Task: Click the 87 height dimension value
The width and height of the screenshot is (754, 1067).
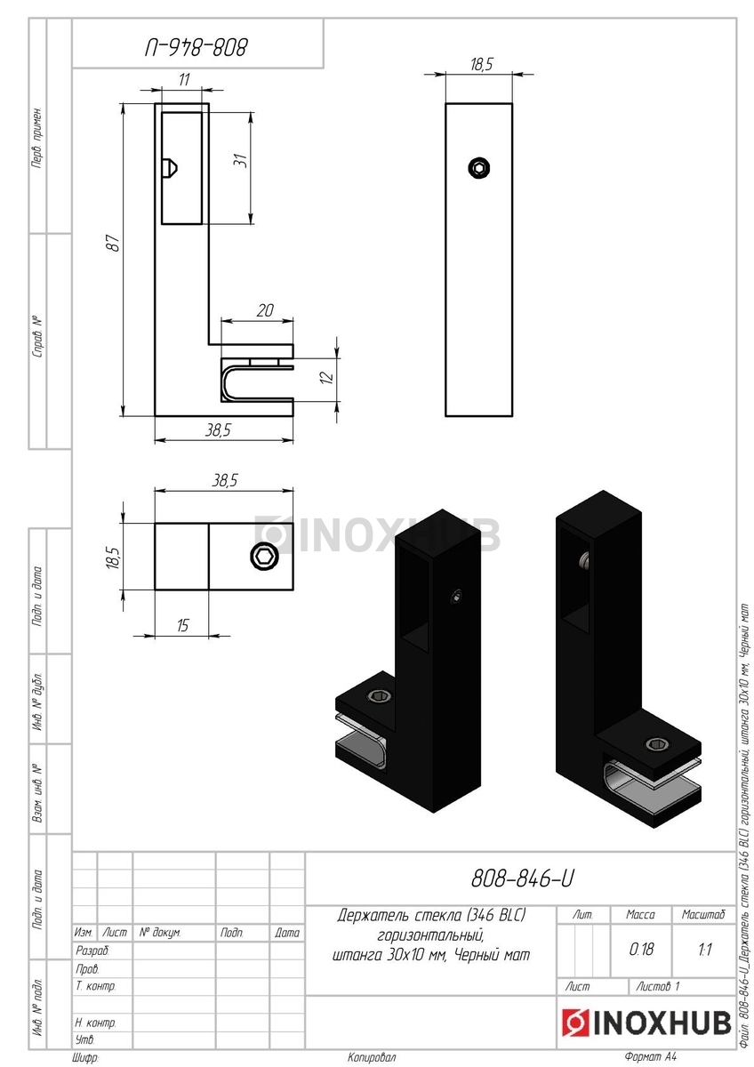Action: [x=112, y=243]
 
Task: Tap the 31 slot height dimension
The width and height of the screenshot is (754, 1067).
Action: [x=241, y=160]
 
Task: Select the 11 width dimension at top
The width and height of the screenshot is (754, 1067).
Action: [x=184, y=79]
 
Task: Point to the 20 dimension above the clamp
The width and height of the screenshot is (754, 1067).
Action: [x=265, y=310]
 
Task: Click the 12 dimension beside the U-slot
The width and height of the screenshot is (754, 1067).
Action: [x=327, y=378]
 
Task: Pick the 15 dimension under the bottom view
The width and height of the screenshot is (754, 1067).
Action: [x=183, y=625]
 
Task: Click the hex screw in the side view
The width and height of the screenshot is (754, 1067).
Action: [x=479, y=168]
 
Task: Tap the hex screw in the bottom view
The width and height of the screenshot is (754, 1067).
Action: [x=262, y=556]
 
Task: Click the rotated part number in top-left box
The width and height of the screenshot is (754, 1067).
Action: [x=197, y=48]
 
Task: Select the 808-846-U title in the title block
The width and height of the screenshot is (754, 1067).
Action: [x=522, y=878]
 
